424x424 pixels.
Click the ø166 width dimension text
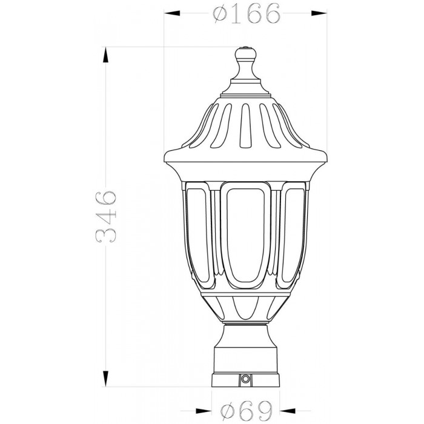[x=247, y=13]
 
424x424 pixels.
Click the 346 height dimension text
[x=106, y=217]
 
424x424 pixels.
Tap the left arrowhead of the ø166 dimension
[x=172, y=13]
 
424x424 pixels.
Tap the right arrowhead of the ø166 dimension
[x=319, y=13]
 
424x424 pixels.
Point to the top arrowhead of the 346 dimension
[x=106, y=55]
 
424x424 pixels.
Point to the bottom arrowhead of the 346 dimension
[x=106, y=379]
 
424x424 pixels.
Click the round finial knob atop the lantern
[x=245, y=53]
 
